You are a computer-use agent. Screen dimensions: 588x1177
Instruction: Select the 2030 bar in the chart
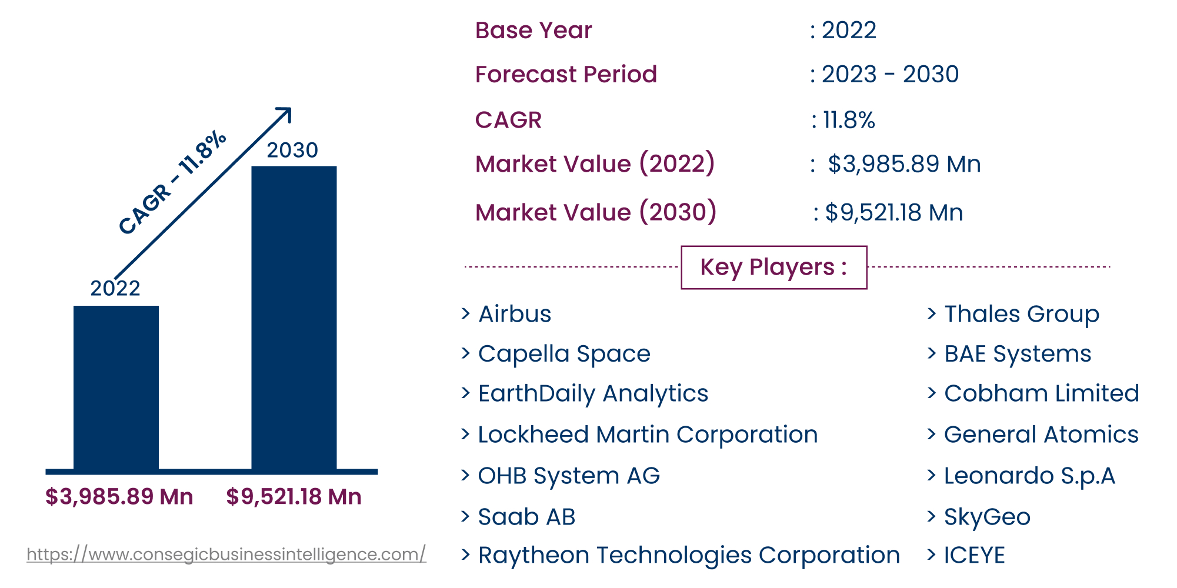294,318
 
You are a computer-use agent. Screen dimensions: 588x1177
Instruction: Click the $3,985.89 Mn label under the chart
119,497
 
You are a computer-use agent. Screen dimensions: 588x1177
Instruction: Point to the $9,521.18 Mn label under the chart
294,497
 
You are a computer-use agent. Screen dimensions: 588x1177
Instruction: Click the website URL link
226,554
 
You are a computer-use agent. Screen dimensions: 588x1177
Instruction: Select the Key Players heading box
773,268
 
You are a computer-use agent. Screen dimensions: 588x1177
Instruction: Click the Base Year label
533,31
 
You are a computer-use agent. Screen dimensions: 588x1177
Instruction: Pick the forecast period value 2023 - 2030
890,75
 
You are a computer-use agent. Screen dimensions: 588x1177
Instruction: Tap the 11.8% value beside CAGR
848,121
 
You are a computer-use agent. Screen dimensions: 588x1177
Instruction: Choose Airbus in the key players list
515,314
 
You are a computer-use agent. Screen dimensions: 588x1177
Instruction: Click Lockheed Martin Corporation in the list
648,435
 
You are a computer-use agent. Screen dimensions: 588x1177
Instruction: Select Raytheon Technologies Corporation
689,555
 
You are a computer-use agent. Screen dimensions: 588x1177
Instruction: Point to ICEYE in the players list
974,555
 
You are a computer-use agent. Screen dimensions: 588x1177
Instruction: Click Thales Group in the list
1021,314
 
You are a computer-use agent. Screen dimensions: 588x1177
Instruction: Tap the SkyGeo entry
987,517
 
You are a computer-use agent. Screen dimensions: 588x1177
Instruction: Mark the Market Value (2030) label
595,212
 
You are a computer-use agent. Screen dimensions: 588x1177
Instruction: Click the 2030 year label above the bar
292,151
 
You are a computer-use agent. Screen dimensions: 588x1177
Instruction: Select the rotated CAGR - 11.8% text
172,182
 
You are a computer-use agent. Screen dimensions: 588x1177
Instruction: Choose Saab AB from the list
526,517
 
